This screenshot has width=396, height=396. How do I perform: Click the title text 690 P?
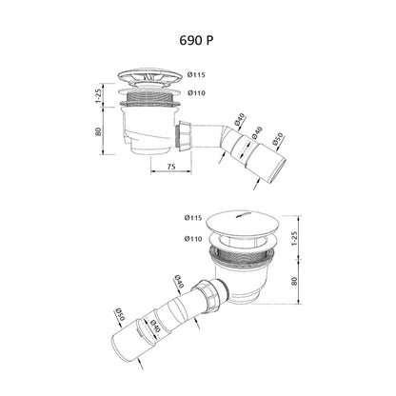pyautogui.click(x=196, y=40)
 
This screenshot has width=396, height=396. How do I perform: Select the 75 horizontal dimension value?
pyautogui.click(x=171, y=166)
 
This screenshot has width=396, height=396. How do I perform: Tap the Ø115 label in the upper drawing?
pyautogui.click(x=196, y=75)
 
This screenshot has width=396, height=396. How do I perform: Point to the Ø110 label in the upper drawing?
pyautogui.click(x=196, y=93)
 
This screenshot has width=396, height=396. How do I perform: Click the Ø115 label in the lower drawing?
pyautogui.click(x=193, y=218)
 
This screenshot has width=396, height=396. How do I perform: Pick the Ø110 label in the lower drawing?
pyautogui.click(x=193, y=239)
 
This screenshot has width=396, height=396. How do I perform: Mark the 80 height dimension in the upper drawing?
pyautogui.click(x=98, y=131)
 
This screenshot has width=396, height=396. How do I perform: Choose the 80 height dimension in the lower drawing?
pyautogui.click(x=294, y=281)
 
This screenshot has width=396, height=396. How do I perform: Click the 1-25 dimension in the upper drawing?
pyautogui.click(x=98, y=95)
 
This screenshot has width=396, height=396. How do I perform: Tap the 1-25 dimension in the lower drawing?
pyautogui.click(x=294, y=238)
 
